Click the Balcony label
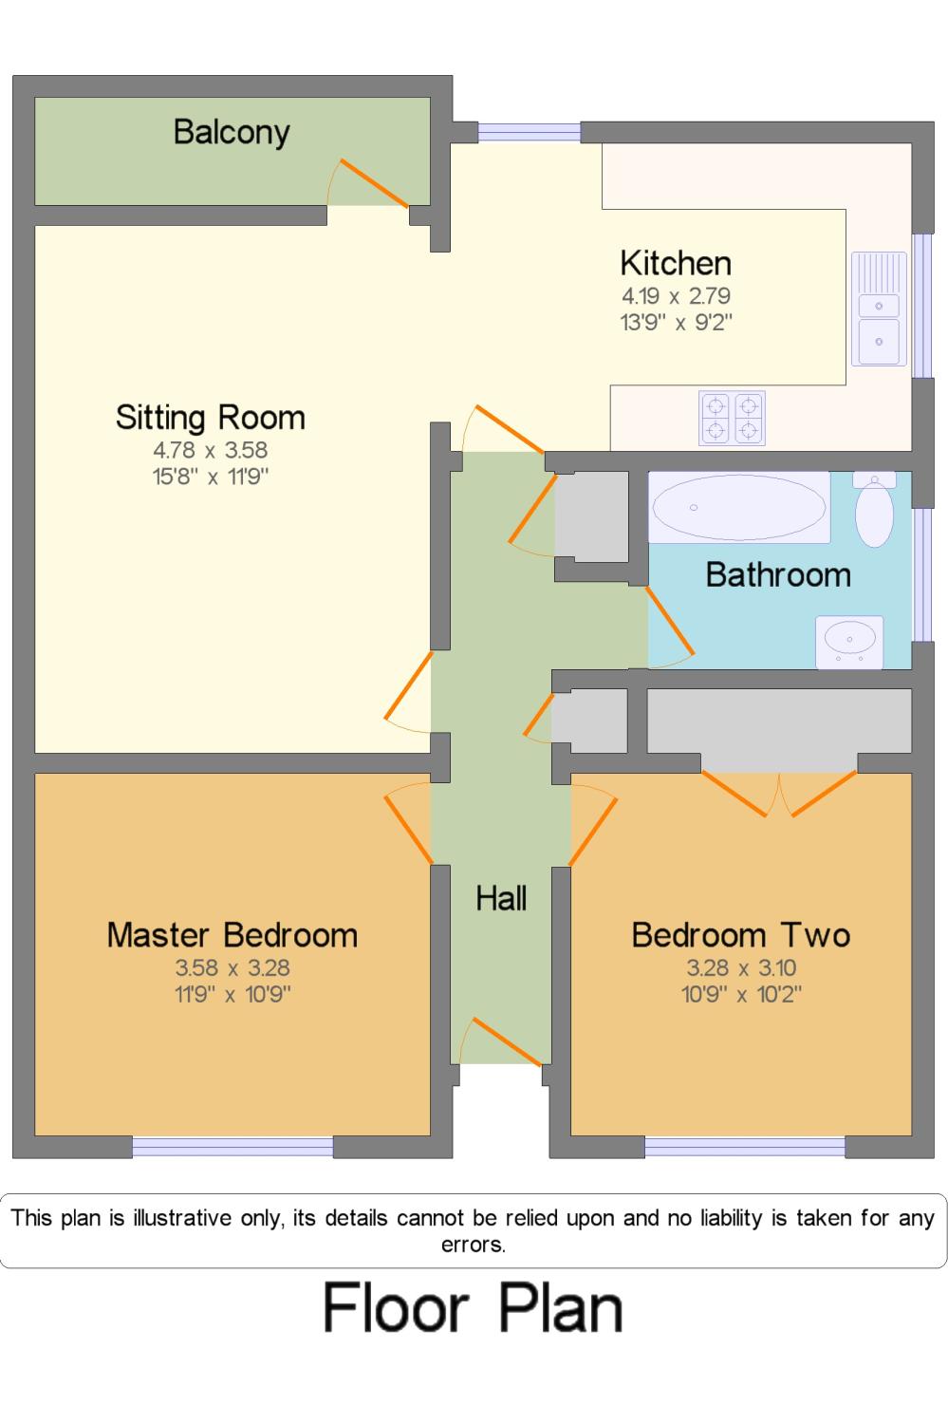232,134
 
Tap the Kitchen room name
676,263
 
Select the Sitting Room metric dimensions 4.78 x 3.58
211,450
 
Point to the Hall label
501,898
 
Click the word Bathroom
778,574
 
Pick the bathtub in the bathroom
739,507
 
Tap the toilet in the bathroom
874,509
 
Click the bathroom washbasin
849,642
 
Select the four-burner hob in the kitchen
732,418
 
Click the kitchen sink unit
879,309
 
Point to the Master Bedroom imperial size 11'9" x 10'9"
232,994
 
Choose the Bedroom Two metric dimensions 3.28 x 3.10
741,967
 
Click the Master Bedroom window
232,1147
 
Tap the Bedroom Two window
745,1147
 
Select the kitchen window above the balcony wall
529,132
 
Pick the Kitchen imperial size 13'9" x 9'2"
676,323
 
